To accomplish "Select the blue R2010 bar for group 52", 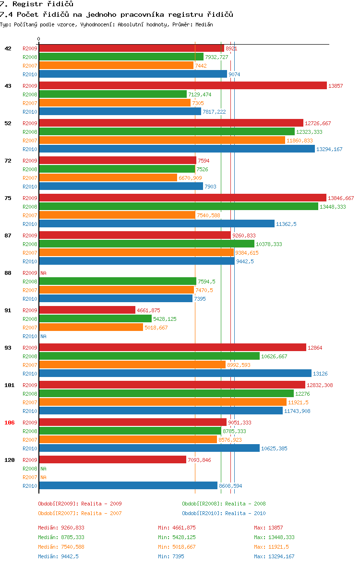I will click(x=177, y=149).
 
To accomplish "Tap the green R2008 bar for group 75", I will click(x=179, y=206).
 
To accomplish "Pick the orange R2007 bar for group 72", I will click(x=108, y=177).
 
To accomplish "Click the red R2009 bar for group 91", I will click(x=87, y=310).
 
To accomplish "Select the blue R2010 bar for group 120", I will click(x=128, y=485).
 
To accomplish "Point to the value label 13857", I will click(x=336, y=86).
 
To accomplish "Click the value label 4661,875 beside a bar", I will click(x=148, y=310).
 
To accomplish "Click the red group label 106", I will click(x=9, y=423).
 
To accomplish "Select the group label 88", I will click(x=8, y=273).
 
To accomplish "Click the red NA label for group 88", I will click(x=43, y=273).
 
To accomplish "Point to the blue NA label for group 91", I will click(x=43, y=336).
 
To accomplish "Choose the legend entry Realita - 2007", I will click(x=80, y=513).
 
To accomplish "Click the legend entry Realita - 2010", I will click(x=224, y=513).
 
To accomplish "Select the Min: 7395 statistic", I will click(x=171, y=556).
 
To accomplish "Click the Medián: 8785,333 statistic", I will click(x=61, y=537).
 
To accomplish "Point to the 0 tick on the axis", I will click(x=39, y=39).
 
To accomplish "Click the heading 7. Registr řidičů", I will click(x=37, y=4).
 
